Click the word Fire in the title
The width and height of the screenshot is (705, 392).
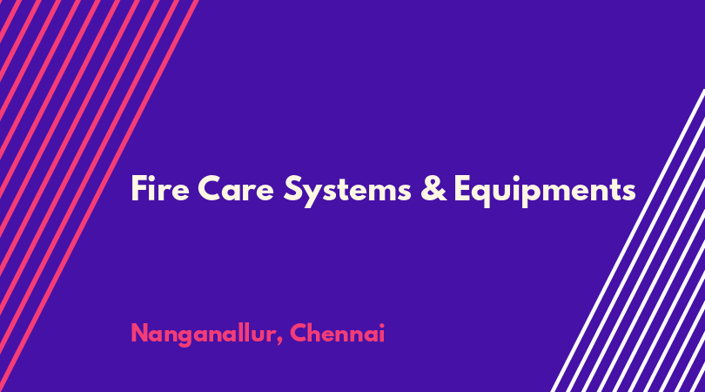[160, 189]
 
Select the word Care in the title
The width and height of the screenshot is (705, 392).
[236, 189]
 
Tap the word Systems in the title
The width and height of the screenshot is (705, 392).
[347, 192]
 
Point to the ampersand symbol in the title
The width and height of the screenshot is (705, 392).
[433, 189]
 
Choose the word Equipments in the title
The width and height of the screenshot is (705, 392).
[545, 192]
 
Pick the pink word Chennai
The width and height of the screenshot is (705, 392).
[337, 333]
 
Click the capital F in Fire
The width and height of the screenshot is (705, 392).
[139, 188]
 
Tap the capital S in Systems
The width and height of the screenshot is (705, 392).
[294, 188]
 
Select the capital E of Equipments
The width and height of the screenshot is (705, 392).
[463, 188]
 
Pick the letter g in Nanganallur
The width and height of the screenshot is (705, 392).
[185, 338]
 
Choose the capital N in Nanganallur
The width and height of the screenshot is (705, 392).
[140, 333]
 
